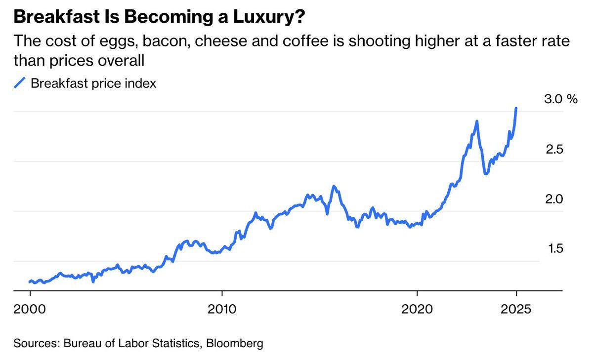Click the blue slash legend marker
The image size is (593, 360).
point(20,83)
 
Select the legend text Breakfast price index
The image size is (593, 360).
point(93,83)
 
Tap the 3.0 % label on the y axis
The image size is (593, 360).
point(560,99)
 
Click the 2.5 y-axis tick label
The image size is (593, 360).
point(553,150)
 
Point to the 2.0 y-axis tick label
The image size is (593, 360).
point(553,200)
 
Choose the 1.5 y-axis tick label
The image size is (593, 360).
point(553,249)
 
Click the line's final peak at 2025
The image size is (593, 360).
point(516,108)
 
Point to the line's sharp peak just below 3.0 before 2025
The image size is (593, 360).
point(477,121)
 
